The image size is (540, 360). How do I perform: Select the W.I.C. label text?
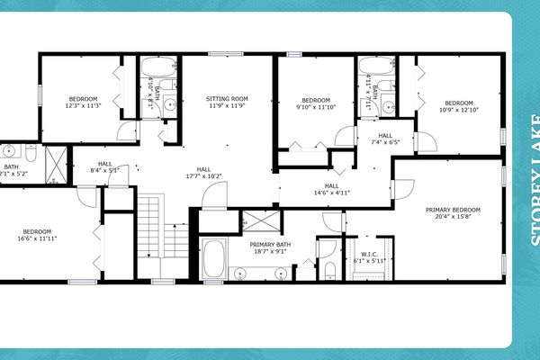[369, 253]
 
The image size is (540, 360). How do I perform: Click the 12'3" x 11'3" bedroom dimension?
[83, 106]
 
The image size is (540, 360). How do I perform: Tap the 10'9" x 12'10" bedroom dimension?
[458, 110]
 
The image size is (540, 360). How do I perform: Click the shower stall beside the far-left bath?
[55, 163]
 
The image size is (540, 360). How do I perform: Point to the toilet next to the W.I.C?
[328, 271]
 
